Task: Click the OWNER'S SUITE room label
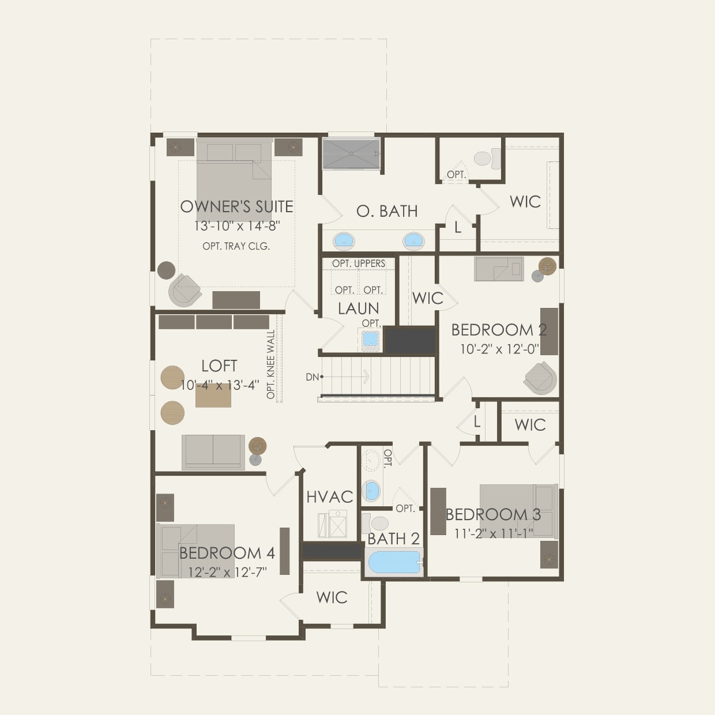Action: tap(236, 206)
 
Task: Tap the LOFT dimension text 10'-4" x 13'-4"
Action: tap(219, 385)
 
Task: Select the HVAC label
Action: tap(329, 496)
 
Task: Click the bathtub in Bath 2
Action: tap(395, 562)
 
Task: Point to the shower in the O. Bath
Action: tap(351, 154)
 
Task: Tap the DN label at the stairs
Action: tap(312, 377)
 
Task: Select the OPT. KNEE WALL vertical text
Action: tap(271, 364)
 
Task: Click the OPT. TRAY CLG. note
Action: tap(236, 246)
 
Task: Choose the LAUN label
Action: tap(359, 308)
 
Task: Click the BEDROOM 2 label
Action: tap(499, 330)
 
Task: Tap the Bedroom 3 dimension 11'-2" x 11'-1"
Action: tap(494, 533)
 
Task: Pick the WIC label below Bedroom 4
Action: tap(332, 597)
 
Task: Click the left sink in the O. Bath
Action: tap(344, 239)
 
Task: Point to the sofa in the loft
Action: tap(213, 451)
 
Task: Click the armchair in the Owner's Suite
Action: tap(185, 289)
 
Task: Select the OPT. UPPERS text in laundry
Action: tap(359, 264)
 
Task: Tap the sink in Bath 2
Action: tap(371, 491)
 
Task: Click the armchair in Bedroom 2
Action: tap(541, 377)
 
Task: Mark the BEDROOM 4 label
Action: tap(227, 553)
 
